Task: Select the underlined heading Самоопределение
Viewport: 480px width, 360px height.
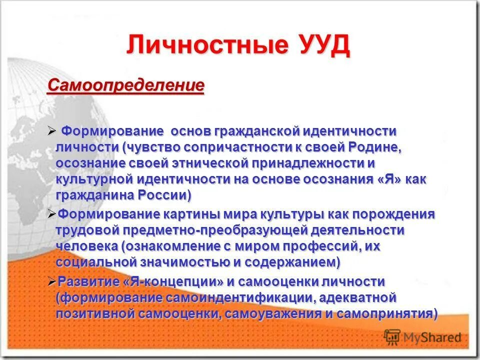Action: coord(126,85)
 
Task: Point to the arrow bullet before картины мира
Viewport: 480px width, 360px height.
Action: coord(52,214)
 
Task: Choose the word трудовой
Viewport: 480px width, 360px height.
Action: coord(88,230)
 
